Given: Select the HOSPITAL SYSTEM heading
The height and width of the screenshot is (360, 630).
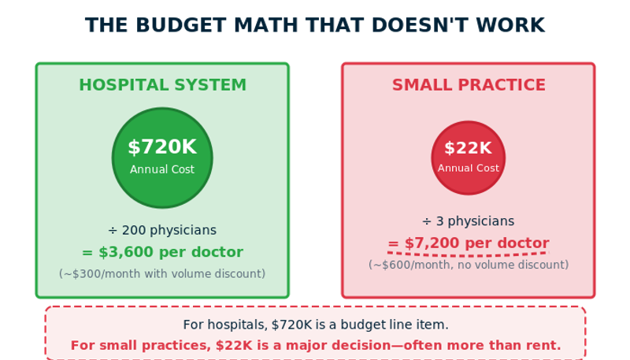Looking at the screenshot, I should (x=162, y=85).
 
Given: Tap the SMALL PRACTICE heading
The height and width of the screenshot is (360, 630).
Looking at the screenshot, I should (x=469, y=85).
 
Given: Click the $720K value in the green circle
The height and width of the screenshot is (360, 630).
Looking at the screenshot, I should (x=162, y=147).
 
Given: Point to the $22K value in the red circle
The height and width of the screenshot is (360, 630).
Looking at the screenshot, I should (x=468, y=148).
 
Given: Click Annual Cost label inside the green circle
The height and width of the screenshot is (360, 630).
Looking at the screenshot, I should (x=162, y=169).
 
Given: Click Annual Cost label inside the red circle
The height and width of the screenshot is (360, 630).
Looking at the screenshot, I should (x=469, y=168).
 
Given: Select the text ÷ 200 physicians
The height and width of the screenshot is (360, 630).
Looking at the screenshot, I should (x=162, y=230).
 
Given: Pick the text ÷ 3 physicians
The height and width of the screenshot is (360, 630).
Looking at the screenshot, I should (x=469, y=221).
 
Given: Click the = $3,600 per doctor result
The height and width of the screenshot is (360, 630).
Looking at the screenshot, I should (x=162, y=252).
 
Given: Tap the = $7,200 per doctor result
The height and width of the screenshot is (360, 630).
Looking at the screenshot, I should (x=469, y=243).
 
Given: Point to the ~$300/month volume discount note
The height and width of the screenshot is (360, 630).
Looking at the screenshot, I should (x=162, y=273).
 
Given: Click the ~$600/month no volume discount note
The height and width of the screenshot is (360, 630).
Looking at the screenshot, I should (x=469, y=265).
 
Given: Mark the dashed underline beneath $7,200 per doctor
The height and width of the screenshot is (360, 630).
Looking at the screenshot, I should (x=469, y=254).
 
